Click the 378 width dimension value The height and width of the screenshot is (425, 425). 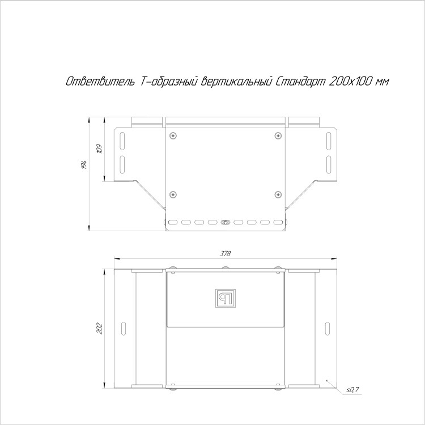(x=225, y=254)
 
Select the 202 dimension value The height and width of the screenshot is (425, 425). (x=100, y=328)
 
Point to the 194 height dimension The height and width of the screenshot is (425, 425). (x=84, y=165)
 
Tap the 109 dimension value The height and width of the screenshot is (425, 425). (x=100, y=149)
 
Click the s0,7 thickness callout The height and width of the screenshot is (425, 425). (x=352, y=390)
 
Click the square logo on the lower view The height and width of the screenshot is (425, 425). (x=225, y=299)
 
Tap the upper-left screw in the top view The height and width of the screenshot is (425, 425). (x=173, y=135)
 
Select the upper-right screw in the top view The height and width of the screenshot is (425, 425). (x=278, y=135)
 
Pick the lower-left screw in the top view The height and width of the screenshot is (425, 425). (x=173, y=194)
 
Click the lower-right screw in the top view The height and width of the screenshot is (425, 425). (x=278, y=194)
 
